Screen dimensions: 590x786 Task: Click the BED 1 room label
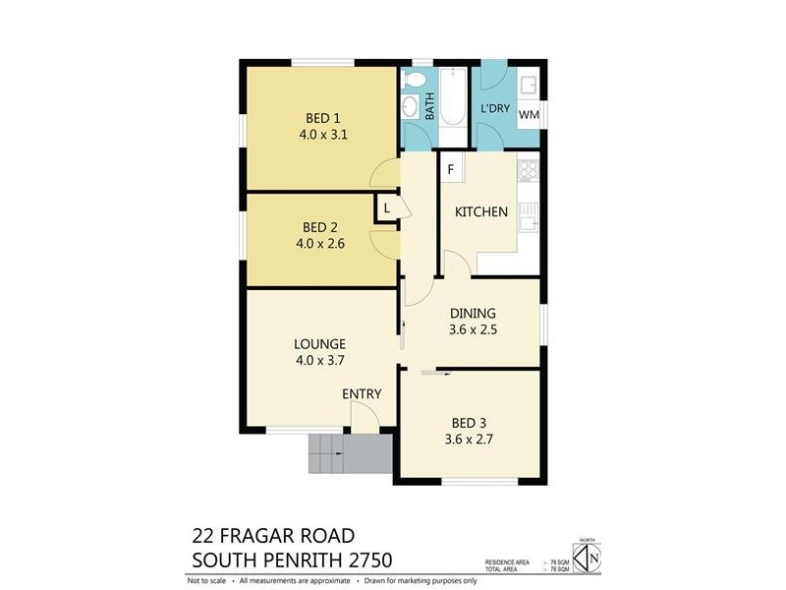pos(319,116)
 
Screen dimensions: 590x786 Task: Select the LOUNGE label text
pos(319,344)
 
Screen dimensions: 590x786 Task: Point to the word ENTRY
pos(362,394)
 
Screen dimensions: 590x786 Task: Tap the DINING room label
pos(473,314)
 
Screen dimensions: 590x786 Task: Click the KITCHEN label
pos(480,212)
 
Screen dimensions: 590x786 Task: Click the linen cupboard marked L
pos(386,208)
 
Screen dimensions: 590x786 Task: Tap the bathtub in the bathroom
pos(453,96)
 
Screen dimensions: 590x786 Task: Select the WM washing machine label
pos(529,115)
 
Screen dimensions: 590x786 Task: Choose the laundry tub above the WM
pos(529,83)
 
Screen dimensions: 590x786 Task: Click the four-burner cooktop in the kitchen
pos(528,170)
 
